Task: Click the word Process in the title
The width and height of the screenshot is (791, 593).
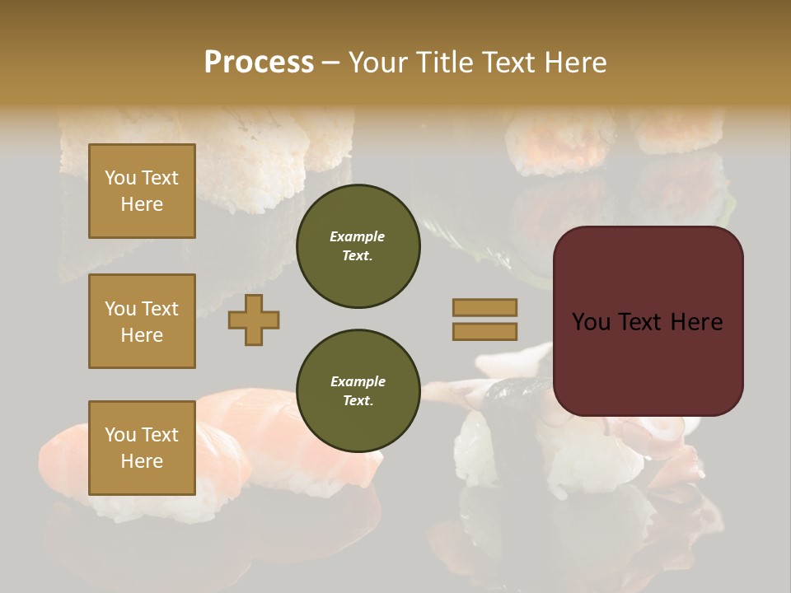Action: (259, 63)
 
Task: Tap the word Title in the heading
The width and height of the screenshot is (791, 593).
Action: (442, 63)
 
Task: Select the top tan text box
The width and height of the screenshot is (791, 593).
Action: (142, 191)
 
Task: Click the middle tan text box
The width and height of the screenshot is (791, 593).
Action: (142, 321)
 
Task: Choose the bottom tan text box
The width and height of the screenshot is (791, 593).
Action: (142, 447)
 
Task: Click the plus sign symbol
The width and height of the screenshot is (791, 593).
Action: (254, 320)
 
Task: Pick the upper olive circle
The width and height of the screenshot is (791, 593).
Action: (358, 246)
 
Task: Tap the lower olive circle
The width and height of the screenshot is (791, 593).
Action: (358, 391)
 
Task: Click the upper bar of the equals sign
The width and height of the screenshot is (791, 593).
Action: (484, 307)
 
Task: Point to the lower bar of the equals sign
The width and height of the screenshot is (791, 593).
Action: (484, 331)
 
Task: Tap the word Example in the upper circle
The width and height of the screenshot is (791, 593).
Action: (358, 236)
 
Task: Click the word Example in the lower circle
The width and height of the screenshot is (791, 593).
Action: (358, 381)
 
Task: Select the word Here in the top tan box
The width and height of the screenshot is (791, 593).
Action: (142, 204)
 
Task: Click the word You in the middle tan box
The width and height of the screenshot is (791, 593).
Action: (120, 309)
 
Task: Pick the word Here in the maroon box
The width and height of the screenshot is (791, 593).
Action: (696, 322)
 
